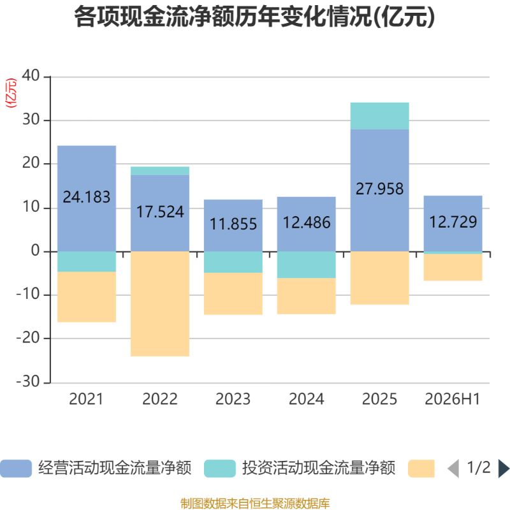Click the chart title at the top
pos(254,17)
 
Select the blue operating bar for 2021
pos(87,198)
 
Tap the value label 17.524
pos(160,212)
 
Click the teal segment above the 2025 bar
pos(379,116)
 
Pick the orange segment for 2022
pos(160,304)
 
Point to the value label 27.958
pos(379,189)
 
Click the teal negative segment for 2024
pos(307,265)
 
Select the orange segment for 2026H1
pos(453,267)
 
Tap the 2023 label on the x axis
pos(233,399)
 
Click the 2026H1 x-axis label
pos(453,399)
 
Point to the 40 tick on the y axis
pos(31,75)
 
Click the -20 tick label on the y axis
pos(28,338)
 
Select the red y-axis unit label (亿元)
pos(11,93)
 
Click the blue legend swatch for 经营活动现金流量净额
pos(16,469)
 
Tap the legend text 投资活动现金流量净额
pos(318,468)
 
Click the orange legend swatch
pos(421,469)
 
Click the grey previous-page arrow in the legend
pos(453,469)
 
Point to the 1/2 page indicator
pos(479,468)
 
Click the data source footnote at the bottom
pos(255,503)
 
